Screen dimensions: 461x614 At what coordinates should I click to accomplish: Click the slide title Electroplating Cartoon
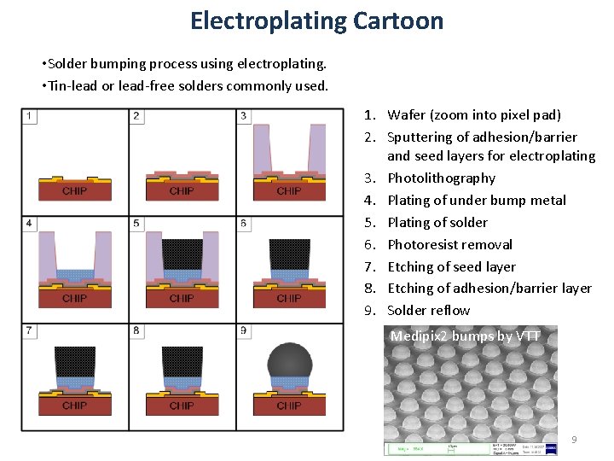316,20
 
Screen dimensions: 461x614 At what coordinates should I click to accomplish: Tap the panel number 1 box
30,116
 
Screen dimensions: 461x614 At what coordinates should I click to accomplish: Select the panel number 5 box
137,224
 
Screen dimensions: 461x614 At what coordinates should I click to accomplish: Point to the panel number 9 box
245,330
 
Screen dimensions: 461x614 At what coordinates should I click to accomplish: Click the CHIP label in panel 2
182,190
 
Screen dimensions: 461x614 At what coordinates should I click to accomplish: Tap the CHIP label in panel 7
75,405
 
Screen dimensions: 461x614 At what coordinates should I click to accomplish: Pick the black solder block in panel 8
182,361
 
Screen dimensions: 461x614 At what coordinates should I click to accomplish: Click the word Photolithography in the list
441,178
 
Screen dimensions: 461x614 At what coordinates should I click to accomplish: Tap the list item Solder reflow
428,311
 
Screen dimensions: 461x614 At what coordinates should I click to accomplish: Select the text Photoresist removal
449,244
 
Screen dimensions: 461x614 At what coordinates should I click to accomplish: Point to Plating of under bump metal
476,201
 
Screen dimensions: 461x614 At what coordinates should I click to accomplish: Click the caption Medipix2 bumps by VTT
465,336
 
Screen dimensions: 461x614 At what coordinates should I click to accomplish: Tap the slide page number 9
574,440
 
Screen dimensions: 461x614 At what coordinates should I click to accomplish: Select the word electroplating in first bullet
284,64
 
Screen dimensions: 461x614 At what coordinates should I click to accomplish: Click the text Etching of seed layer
451,266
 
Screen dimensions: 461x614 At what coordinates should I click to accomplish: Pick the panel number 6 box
245,224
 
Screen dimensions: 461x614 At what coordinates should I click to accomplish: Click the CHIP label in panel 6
289,298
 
